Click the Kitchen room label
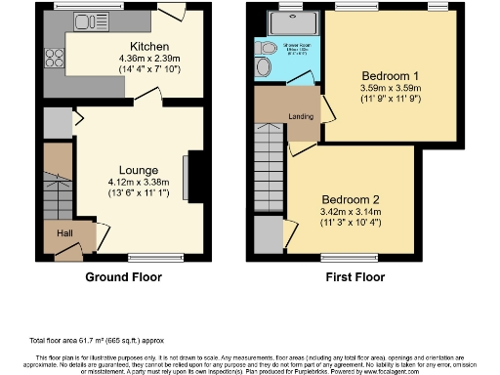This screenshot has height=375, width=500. [x=149, y=46]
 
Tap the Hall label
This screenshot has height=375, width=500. [x=62, y=234]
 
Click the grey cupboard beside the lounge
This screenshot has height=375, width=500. [x=56, y=123]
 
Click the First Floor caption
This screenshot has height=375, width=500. [x=355, y=276]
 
